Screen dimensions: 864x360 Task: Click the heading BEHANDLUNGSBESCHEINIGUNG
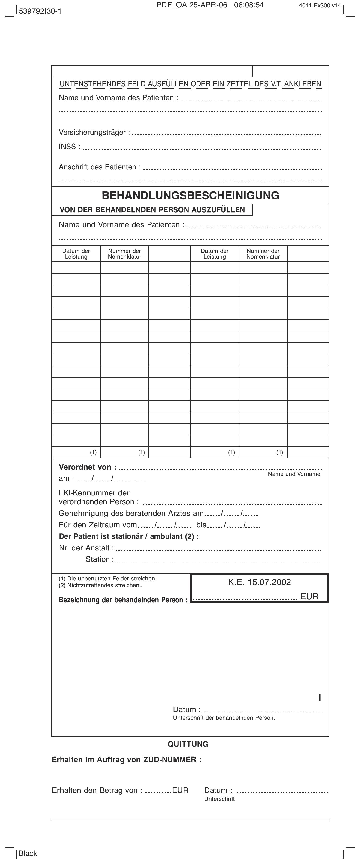pyautogui.click(x=190, y=196)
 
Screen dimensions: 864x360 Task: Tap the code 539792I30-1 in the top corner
pyautogui.click(x=40, y=11)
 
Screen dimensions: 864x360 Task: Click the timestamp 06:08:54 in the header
pyautogui.click(x=249, y=5)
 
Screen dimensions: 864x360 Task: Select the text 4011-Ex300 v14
pyautogui.click(x=320, y=5)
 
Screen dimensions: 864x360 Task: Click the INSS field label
pyautogui.click(x=69, y=147)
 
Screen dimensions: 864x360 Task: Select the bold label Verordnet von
pyautogui.click(x=87, y=467)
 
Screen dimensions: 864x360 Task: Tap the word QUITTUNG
pyautogui.click(x=188, y=744)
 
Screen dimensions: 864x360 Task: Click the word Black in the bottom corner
pyautogui.click(x=28, y=853)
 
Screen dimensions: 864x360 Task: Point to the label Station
pyautogui.click(x=99, y=559)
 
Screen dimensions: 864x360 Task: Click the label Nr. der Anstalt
pyautogui.click(x=86, y=548)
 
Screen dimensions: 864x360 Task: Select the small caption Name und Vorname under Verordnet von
pyautogui.click(x=294, y=474)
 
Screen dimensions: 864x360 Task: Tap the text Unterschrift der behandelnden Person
pyautogui.click(x=224, y=718)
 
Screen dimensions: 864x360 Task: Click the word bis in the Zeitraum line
pyautogui.click(x=201, y=525)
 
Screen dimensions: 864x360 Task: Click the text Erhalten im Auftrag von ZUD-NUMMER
pyautogui.click(x=127, y=760)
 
